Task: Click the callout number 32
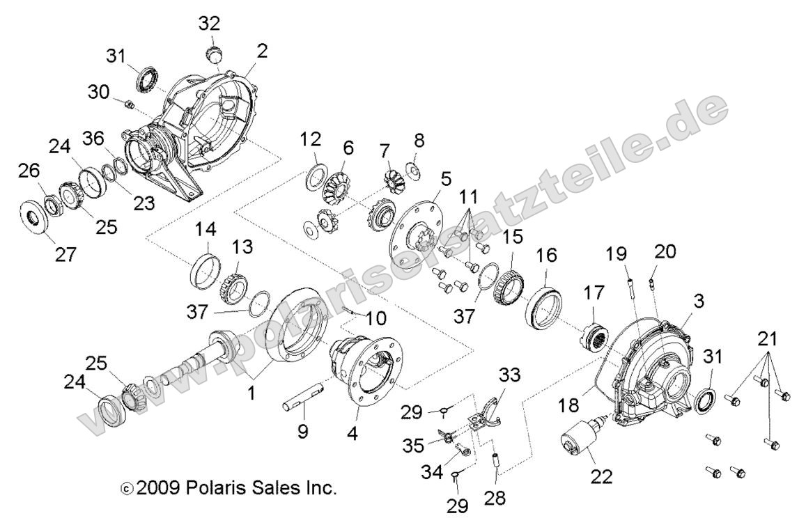pos(209,24)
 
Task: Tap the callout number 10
pos(375,320)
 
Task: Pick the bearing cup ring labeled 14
pos(206,268)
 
